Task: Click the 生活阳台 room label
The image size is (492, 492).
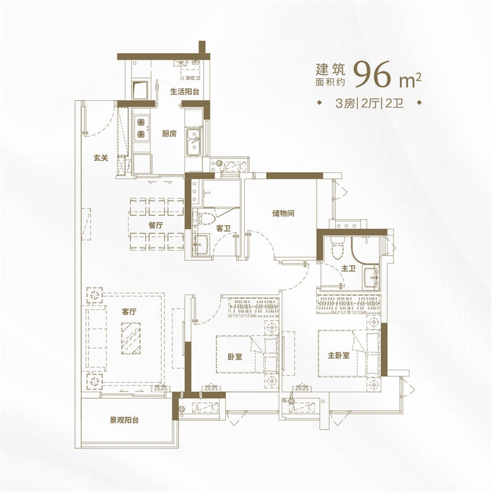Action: [x=184, y=92]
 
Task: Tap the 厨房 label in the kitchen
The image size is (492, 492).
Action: [x=169, y=133]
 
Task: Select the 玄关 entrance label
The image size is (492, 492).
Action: [x=101, y=157]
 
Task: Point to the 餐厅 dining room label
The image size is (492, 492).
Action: [x=156, y=225]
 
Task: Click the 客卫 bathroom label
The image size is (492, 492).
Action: [x=223, y=228]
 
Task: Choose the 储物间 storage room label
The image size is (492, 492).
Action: [x=284, y=213]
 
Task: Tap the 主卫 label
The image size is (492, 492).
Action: [x=348, y=268]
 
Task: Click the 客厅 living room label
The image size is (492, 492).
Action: [x=129, y=312]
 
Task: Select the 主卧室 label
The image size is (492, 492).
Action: [x=339, y=355]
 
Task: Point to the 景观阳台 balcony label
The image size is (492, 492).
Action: [x=124, y=420]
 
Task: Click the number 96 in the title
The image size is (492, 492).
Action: [x=373, y=74]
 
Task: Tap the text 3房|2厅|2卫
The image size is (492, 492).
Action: [x=370, y=103]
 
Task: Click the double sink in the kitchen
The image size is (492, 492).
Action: [x=194, y=142]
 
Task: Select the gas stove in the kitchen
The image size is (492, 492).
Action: [x=141, y=128]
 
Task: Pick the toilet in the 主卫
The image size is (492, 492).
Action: [x=338, y=247]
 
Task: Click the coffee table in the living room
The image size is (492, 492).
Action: [x=131, y=339]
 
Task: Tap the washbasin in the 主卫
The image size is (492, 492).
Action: [x=371, y=278]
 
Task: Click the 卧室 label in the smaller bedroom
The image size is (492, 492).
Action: [x=235, y=357]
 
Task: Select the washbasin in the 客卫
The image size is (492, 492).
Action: [x=200, y=244]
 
